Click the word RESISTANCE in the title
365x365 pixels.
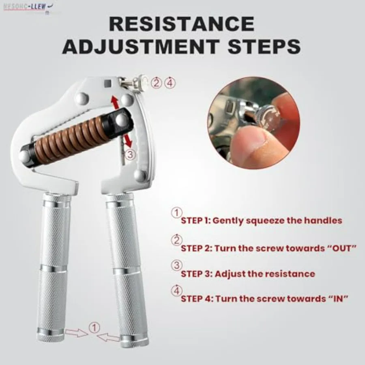pyautogui.click(x=181, y=24)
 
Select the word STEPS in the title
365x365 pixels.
pyautogui.click(x=260, y=47)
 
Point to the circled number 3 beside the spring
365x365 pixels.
pyautogui.click(x=129, y=154)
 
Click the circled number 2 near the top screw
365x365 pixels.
pyautogui.click(x=157, y=83)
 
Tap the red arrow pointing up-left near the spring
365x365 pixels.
pyautogui.click(x=115, y=101)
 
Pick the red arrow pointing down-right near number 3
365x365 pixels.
pyautogui.click(x=128, y=140)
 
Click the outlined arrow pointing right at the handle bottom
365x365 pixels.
pyautogui.click(x=77, y=333)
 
